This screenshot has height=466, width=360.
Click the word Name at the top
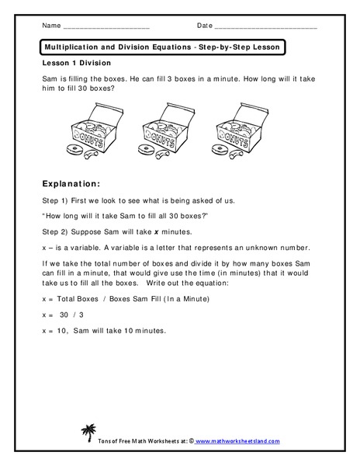pyautogui.click(x=50, y=26)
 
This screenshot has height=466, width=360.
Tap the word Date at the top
pyautogui.click(x=204, y=26)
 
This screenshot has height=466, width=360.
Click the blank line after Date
pyautogui.click(x=265, y=27)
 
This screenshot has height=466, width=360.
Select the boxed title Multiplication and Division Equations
pyautogui.click(x=163, y=47)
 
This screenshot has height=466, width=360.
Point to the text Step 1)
pyautogui.click(x=60, y=200)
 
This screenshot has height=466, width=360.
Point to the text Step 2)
pyautogui.click(x=60, y=232)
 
